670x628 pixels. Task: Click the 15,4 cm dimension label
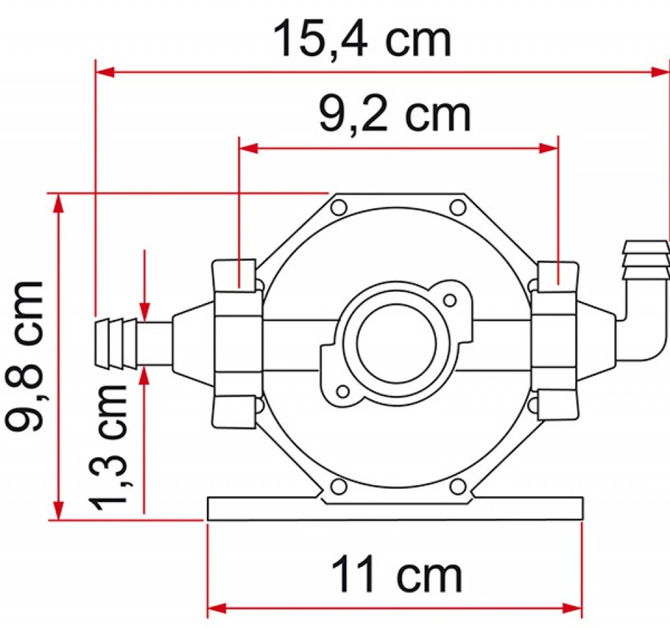(x=362, y=40)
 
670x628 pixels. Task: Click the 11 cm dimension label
(x=396, y=575)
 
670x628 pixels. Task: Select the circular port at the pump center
(x=396, y=343)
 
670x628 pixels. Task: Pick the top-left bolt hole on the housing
(x=339, y=207)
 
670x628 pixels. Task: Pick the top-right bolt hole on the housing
(x=458, y=207)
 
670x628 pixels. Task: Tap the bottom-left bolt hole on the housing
(x=339, y=487)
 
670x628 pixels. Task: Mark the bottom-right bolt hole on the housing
(x=458, y=487)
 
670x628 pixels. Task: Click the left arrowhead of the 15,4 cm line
(x=105, y=72)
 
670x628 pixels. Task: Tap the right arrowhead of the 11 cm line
(x=573, y=609)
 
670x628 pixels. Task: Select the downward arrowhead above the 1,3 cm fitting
(x=145, y=311)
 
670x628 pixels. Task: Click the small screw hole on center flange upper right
(x=449, y=299)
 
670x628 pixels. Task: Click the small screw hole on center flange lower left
(x=343, y=391)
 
